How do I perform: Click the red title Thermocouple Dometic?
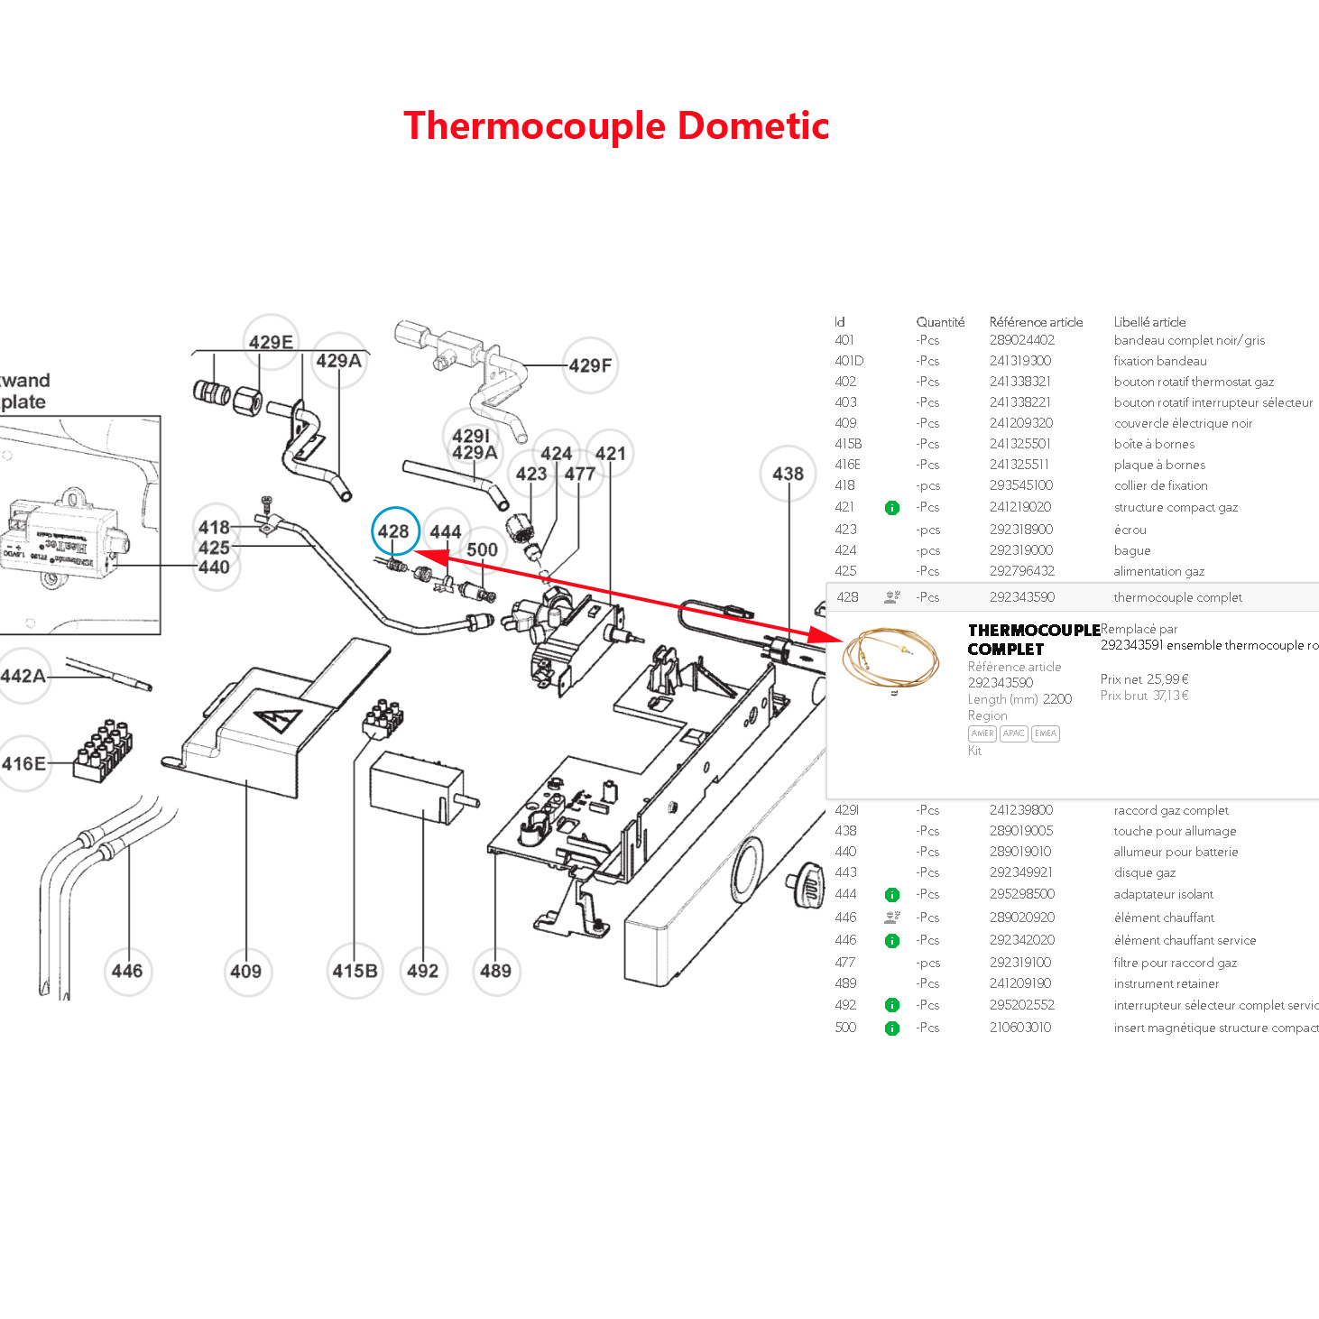(x=616, y=125)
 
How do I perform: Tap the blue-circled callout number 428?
(x=394, y=531)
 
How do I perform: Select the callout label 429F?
(x=590, y=365)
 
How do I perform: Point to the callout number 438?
(x=788, y=474)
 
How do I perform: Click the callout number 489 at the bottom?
(x=495, y=971)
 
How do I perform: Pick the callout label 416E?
(x=23, y=763)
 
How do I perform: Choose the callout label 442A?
(x=23, y=676)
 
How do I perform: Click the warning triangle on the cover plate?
(x=279, y=720)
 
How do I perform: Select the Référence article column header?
(x=1036, y=322)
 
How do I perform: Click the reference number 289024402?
(x=1021, y=340)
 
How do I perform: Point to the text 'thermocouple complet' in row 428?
(x=1177, y=597)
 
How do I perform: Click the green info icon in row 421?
(x=892, y=508)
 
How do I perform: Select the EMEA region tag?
(x=1046, y=733)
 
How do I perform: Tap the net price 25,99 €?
(x=1167, y=679)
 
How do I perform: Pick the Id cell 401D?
(x=849, y=361)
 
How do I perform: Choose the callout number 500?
(x=482, y=549)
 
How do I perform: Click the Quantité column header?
(x=940, y=322)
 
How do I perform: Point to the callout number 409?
(x=245, y=971)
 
